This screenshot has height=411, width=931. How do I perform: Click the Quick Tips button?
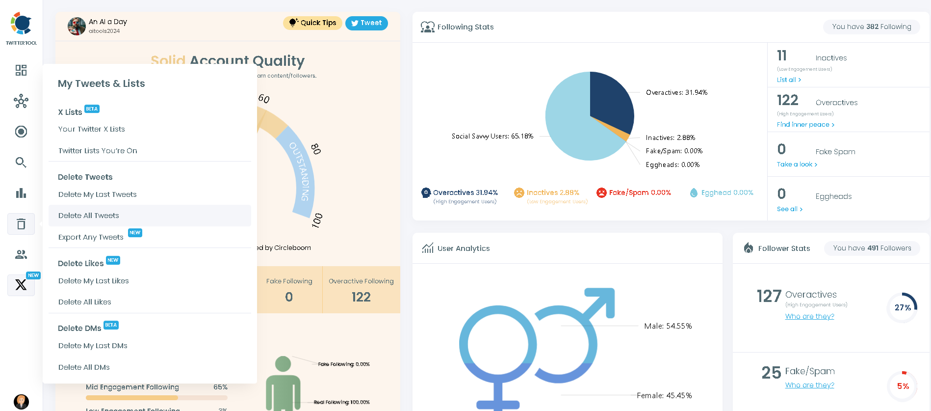pos(312,23)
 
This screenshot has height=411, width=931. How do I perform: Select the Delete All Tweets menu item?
pos(89,216)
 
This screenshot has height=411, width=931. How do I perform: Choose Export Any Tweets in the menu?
pos(91,237)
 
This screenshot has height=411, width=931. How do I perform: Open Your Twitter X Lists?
pos(92,129)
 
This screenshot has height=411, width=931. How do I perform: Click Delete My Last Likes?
pos(94,281)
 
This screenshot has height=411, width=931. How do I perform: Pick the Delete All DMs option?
pos(84,367)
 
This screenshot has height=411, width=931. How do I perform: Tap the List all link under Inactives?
pos(789,80)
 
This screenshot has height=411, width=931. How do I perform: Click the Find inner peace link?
pos(805,125)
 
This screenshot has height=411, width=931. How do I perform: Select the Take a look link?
pos(797,164)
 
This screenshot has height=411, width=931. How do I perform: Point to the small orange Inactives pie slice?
pos(622,133)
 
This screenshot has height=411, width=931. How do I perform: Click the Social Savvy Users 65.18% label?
pos(492,137)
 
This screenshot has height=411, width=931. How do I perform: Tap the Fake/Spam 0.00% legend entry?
pos(634,193)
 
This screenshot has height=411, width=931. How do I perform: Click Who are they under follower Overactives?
pos(809,317)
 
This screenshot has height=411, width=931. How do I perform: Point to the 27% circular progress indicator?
pos(902,308)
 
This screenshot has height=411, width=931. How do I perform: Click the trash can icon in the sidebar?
pos(21,224)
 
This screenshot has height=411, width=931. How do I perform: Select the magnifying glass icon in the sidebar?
pos(21,163)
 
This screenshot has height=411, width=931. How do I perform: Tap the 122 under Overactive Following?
pos(361,297)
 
